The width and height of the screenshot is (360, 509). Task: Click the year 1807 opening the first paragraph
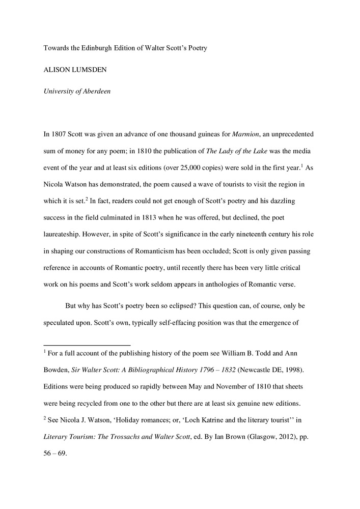tap(61, 135)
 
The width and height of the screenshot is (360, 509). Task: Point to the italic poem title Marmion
tap(246, 135)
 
